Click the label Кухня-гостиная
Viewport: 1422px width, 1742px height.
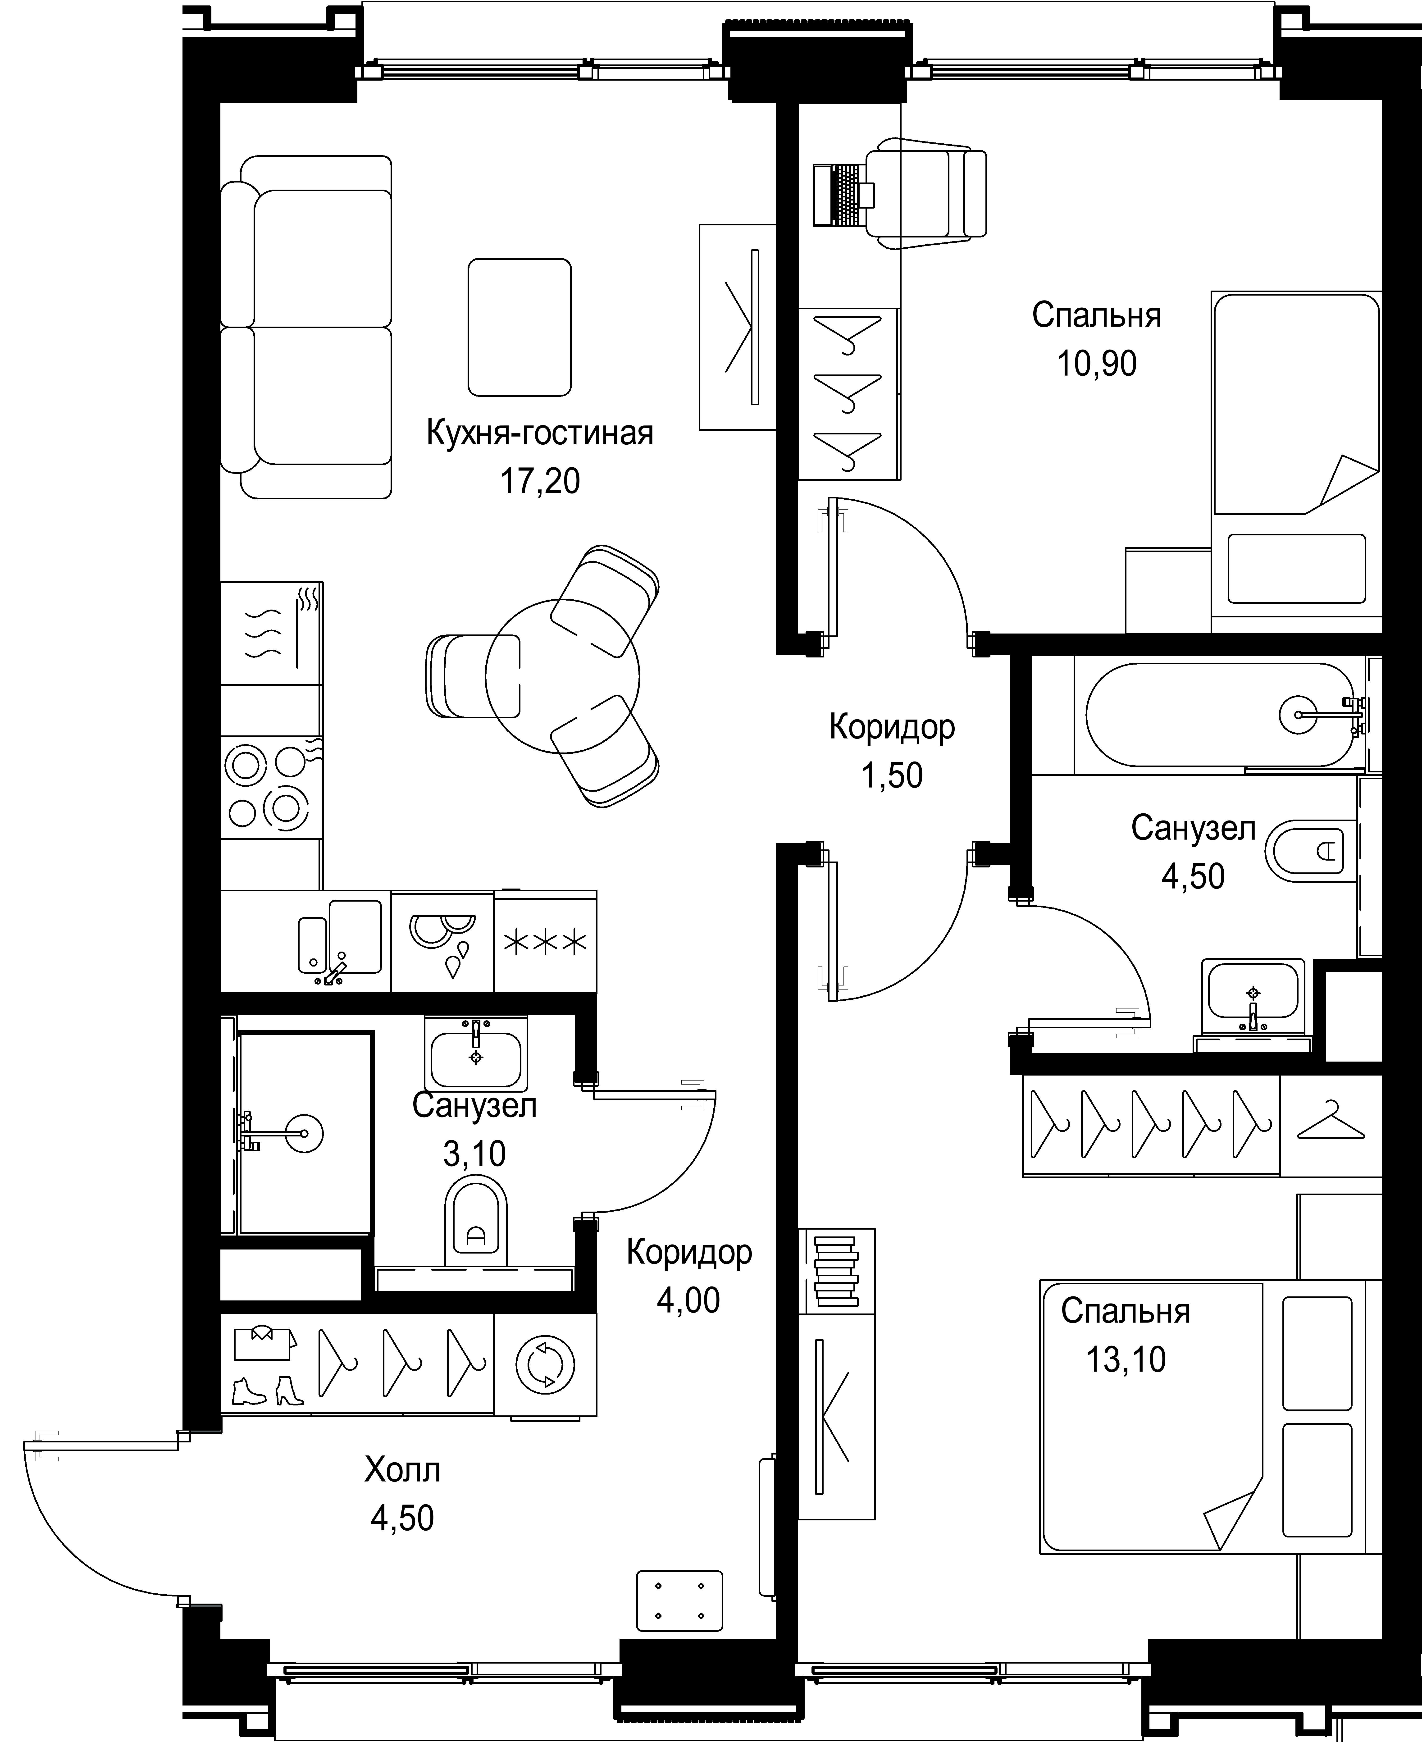tap(540, 433)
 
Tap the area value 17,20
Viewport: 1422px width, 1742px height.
tap(540, 481)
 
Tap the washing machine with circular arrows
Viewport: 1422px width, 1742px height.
tap(545, 1365)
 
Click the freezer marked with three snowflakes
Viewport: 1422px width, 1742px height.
tap(545, 942)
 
